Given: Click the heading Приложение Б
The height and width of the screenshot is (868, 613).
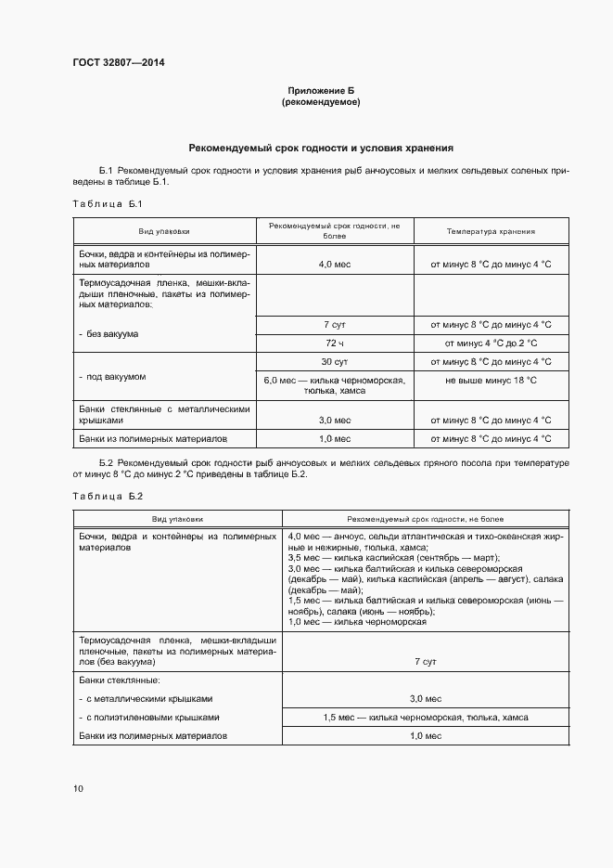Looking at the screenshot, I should (320, 90).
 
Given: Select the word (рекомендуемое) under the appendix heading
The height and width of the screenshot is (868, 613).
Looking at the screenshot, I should (320, 102).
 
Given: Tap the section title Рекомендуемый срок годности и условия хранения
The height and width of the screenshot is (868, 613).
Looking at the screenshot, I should (320, 148).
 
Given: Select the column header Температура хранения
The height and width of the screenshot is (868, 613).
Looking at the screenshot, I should (491, 231).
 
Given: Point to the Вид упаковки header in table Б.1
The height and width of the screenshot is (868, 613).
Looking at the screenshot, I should (164, 231).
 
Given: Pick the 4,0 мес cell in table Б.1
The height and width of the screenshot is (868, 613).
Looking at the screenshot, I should (334, 265).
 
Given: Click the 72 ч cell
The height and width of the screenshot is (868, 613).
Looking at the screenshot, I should (334, 343).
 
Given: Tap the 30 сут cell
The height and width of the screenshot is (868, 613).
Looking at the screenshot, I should (334, 361).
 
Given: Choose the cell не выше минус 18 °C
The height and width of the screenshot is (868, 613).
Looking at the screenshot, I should (491, 381).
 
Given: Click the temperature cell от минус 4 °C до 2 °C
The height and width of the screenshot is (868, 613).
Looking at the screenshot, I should (491, 343).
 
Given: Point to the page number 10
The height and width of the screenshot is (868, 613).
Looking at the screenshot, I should (78, 788).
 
